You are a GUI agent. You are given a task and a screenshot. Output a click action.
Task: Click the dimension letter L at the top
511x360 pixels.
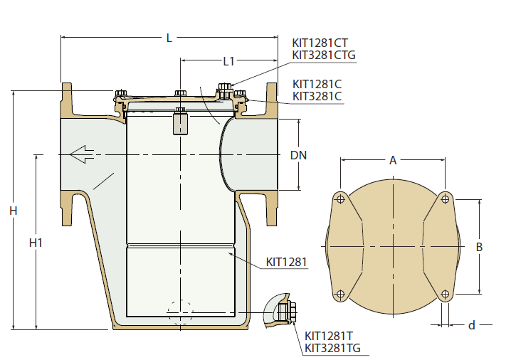(x=169, y=38)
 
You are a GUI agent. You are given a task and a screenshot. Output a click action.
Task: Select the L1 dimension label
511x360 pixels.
(x=228, y=61)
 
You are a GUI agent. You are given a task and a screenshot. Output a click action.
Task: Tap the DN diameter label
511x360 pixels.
(x=298, y=155)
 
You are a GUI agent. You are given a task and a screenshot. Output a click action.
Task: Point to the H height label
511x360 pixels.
(x=13, y=211)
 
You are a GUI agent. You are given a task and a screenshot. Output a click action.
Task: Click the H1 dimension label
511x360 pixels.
(x=36, y=243)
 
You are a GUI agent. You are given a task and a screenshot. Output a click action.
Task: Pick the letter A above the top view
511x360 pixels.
(x=393, y=160)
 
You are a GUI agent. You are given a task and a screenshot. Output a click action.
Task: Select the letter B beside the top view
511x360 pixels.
(x=479, y=247)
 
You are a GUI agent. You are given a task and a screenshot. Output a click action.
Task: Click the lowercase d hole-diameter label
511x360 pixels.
(x=472, y=325)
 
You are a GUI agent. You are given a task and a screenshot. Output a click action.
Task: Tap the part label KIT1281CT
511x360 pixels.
(x=320, y=43)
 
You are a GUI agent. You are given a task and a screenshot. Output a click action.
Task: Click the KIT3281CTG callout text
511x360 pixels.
(x=324, y=55)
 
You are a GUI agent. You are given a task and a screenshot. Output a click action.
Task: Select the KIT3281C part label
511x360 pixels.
(x=317, y=97)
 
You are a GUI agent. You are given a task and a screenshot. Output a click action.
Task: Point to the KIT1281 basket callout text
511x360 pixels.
(x=287, y=262)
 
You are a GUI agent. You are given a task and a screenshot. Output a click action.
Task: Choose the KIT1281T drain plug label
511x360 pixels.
(x=329, y=336)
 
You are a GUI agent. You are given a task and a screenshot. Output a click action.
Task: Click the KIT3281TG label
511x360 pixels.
(x=332, y=348)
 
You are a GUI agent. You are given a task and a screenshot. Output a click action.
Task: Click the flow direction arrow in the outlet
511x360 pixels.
(x=82, y=154)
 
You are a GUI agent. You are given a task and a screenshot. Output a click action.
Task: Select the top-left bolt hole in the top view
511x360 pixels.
(x=341, y=198)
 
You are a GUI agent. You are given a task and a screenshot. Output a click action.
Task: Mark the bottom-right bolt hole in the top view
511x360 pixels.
(x=446, y=295)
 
